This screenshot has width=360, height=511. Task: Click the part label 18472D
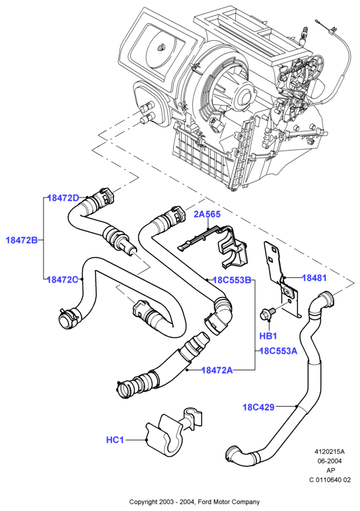tap(63, 198)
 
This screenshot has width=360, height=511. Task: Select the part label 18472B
tap(22, 240)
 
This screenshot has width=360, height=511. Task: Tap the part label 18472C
tap(63, 279)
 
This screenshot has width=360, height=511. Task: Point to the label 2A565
tap(207, 214)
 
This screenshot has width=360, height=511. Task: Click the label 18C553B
tap(232, 280)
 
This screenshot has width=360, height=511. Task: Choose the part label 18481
tap(314, 278)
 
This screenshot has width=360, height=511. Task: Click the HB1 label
tap(268, 335)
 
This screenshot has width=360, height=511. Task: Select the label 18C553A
tap(279, 351)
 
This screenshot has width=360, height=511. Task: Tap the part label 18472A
tap(217, 370)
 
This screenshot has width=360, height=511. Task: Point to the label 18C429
tap(258, 407)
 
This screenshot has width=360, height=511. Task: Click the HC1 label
tap(115, 440)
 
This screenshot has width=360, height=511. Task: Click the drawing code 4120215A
tap(330, 452)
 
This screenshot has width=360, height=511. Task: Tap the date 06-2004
tap(330, 461)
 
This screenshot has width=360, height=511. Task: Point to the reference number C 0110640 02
tap(330, 480)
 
